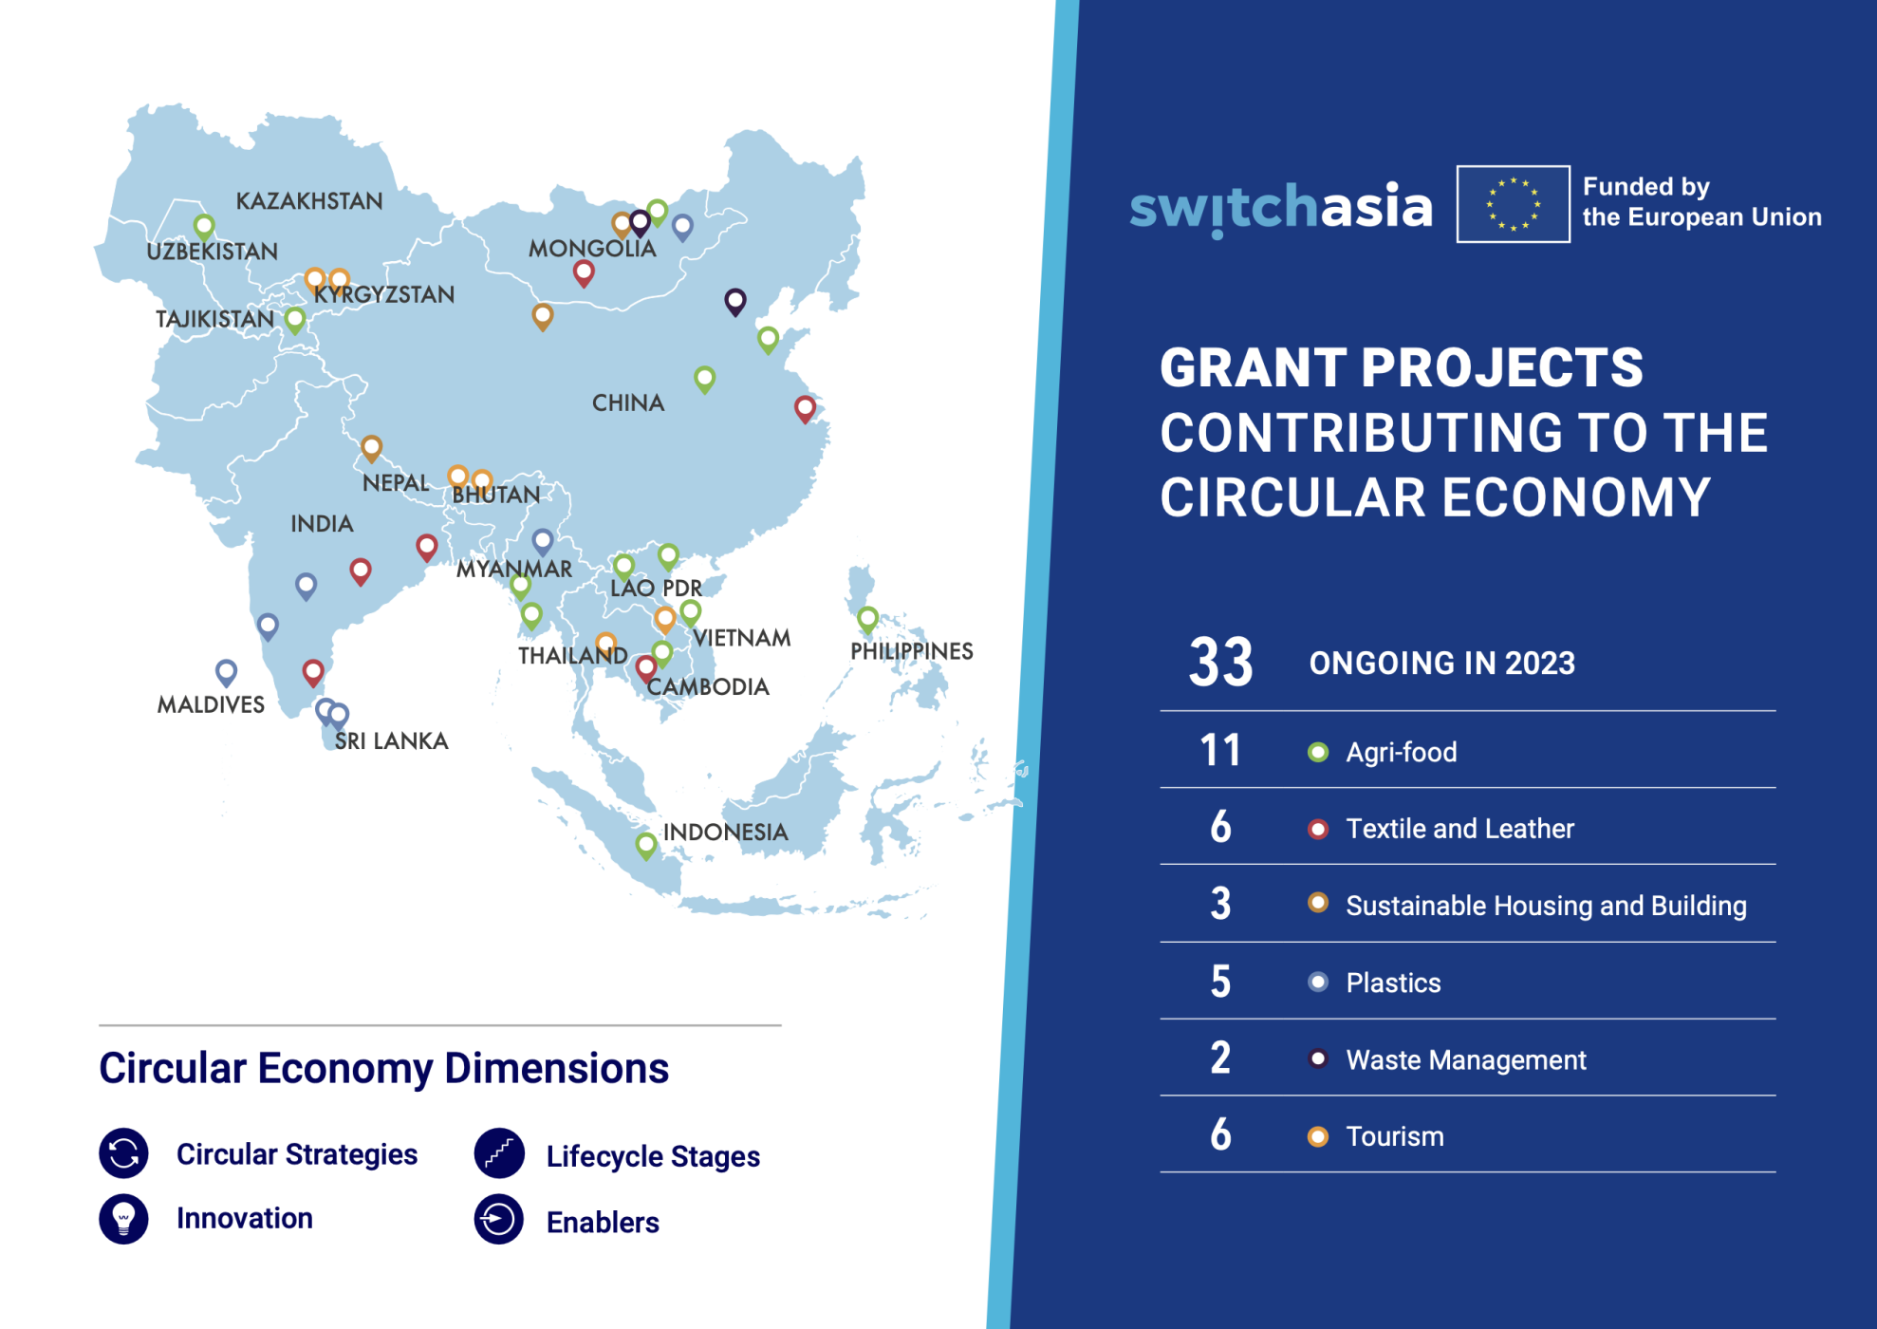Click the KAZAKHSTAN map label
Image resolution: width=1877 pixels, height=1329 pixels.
tap(309, 201)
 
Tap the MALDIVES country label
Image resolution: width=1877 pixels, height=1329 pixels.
tap(211, 704)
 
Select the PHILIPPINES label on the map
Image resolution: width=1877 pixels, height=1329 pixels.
tap(912, 651)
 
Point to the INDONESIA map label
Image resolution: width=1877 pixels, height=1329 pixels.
tap(726, 833)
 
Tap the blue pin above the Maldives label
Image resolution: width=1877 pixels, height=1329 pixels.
tap(226, 673)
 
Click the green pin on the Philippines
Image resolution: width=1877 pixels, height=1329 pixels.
tap(867, 620)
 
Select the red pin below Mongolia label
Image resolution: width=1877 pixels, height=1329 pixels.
tap(584, 274)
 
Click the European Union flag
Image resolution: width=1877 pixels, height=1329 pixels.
tap(1514, 204)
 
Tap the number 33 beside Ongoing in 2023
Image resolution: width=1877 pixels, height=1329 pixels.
tap(1221, 662)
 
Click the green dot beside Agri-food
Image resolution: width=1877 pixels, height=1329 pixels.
tap(1318, 752)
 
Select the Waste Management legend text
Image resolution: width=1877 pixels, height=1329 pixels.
tap(1466, 1059)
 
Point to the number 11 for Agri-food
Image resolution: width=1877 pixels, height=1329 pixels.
tap(1221, 750)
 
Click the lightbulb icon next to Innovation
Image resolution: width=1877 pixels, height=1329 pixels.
tap(124, 1219)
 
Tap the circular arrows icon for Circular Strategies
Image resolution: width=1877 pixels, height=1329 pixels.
tap(124, 1153)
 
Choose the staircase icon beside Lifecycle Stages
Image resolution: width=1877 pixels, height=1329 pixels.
tap(499, 1153)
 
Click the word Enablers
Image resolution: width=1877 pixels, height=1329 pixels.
tap(603, 1223)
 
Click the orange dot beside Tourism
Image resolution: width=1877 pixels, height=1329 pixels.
tap(1318, 1136)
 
